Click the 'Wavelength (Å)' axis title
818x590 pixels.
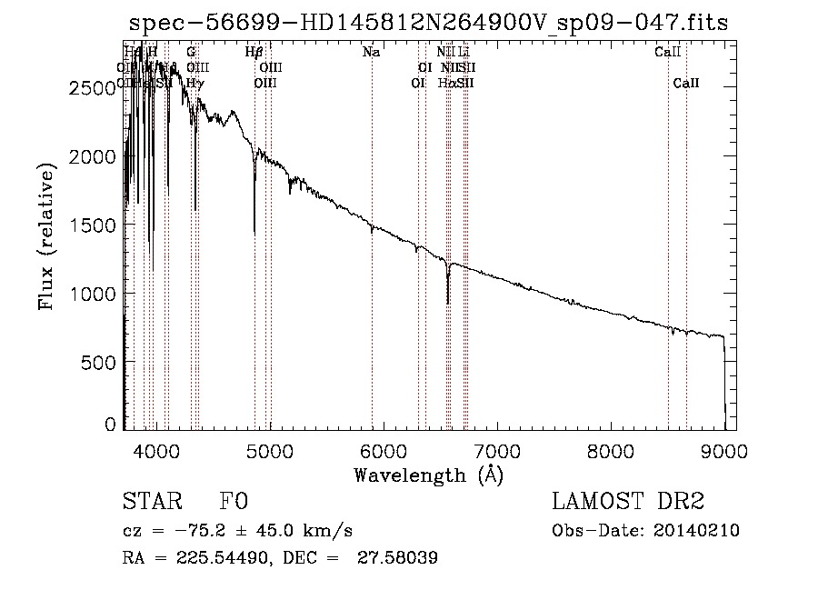(428, 475)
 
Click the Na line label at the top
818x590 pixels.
(371, 53)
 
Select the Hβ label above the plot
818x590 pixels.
(254, 53)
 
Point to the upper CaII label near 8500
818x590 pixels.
(667, 53)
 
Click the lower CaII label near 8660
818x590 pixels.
(686, 84)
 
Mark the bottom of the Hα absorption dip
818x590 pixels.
(447, 302)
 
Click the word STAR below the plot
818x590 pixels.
(148, 503)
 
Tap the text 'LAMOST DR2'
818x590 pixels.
(628, 503)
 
